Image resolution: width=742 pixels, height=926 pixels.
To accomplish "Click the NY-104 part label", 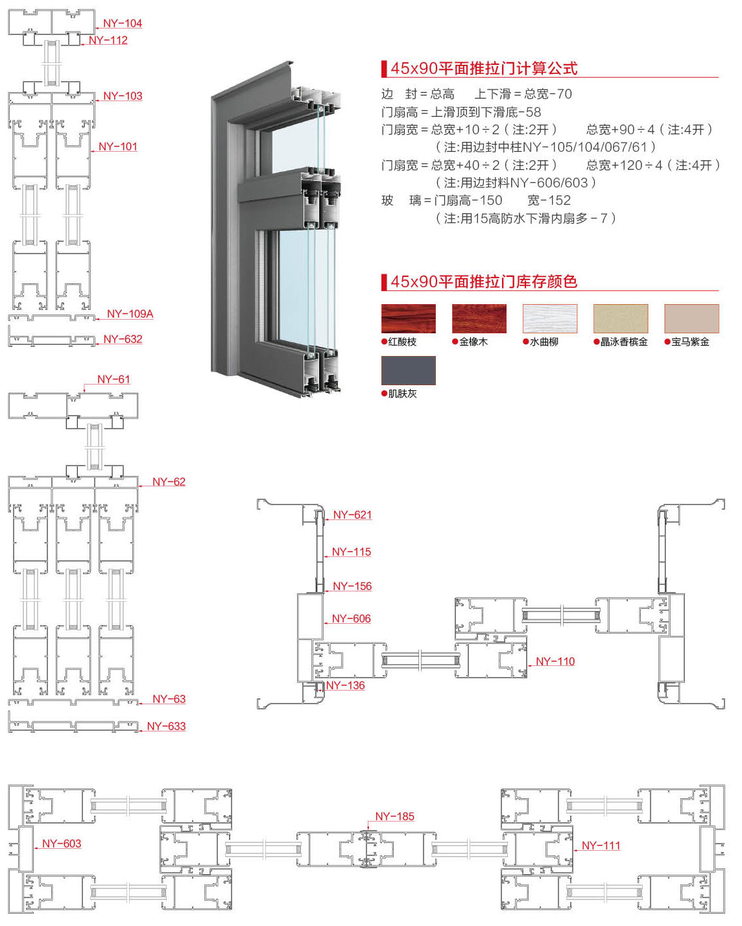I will tap(122, 23).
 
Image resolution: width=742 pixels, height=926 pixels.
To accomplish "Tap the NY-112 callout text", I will tap(108, 40).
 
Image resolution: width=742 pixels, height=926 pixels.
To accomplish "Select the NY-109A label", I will tap(130, 314).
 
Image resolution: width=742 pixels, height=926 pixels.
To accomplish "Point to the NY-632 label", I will tap(123, 339).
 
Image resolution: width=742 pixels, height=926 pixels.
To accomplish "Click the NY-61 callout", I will tap(114, 379).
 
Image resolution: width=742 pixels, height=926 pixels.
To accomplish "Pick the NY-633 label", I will tap(166, 726).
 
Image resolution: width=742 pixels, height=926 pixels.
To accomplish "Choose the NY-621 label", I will tap(352, 515).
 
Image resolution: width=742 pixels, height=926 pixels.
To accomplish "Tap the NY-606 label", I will tap(351, 619).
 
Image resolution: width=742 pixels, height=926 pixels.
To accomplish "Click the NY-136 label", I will tap(345, 685).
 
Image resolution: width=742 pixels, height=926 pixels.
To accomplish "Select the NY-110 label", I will tap(555, 661).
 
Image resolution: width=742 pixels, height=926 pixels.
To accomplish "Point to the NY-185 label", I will tap(394, 816).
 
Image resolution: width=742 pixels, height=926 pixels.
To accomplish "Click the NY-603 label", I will tap(62, 844).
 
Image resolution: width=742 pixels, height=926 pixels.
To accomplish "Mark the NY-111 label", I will tap(601, 846).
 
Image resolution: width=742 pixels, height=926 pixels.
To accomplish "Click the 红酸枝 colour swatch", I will tap(409, 318).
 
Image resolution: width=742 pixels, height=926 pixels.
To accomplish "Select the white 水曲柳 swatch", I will tap(550, 318).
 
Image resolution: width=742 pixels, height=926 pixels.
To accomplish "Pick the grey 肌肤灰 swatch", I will tap(409, 370).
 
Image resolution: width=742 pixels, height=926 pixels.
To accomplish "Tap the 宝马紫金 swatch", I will tap(691, 318).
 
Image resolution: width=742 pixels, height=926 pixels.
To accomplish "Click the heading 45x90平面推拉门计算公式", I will tap(484, 68).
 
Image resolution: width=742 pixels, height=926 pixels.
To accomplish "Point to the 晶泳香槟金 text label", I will tap(624, 342).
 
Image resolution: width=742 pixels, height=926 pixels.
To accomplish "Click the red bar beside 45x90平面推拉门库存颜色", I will tap(384, 281).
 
